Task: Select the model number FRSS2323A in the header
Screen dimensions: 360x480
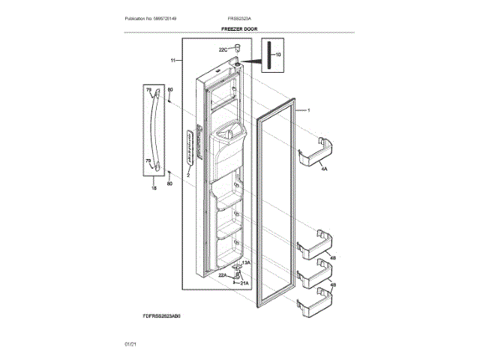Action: (241, 18)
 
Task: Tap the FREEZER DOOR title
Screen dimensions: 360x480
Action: (240, 28)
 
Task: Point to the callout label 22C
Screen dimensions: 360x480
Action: (223, 50)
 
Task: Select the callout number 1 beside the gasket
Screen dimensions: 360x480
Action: (307, 110)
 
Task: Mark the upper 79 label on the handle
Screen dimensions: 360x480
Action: (148, 91)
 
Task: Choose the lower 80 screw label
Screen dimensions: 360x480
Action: (170, 184)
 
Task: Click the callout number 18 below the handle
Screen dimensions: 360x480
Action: (154, 190)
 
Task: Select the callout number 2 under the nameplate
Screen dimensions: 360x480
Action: (188, 174)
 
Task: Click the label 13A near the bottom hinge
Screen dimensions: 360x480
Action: (245, 263)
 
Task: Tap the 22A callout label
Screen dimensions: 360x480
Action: (223, 275)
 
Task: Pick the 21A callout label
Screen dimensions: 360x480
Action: (244, 283)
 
